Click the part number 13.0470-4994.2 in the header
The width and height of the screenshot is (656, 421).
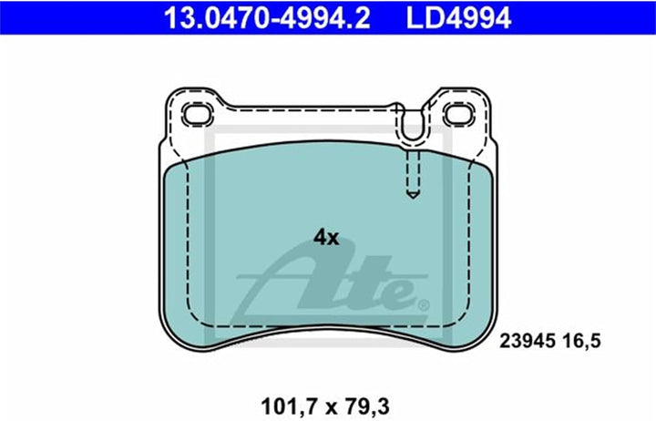click(267, 17)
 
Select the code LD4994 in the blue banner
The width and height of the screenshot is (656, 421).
click(458, 17)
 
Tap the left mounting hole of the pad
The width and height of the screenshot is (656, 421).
click(198, 114)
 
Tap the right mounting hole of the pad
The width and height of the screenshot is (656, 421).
click(459, 114)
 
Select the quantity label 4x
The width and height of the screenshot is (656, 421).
click(326, 238)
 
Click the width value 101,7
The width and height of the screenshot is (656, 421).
click(289, 406)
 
